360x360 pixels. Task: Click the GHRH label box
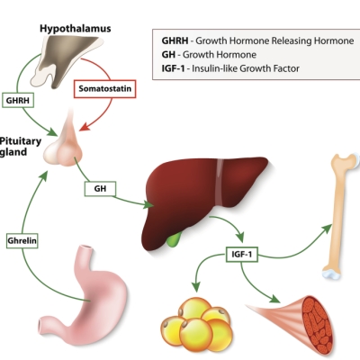(18, 100)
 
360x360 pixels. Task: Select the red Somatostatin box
(105, 89)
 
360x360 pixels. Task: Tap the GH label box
(100, 189)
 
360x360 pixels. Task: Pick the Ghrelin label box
(22, 240)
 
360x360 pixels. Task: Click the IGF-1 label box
(242, 255)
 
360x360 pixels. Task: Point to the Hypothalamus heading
(76, 29)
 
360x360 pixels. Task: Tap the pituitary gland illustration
(64, 141)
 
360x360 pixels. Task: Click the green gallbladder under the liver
(174, 239)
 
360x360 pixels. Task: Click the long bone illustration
(340, 216)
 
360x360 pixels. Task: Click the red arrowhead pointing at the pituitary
(84, 127)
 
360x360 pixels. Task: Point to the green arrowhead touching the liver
(148, 205)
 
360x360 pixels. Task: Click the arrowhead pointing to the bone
(327, 229)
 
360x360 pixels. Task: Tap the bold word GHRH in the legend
(175, 40)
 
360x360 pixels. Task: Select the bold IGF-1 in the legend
(173, 68)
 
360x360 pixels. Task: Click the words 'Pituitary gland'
(20, 147)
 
